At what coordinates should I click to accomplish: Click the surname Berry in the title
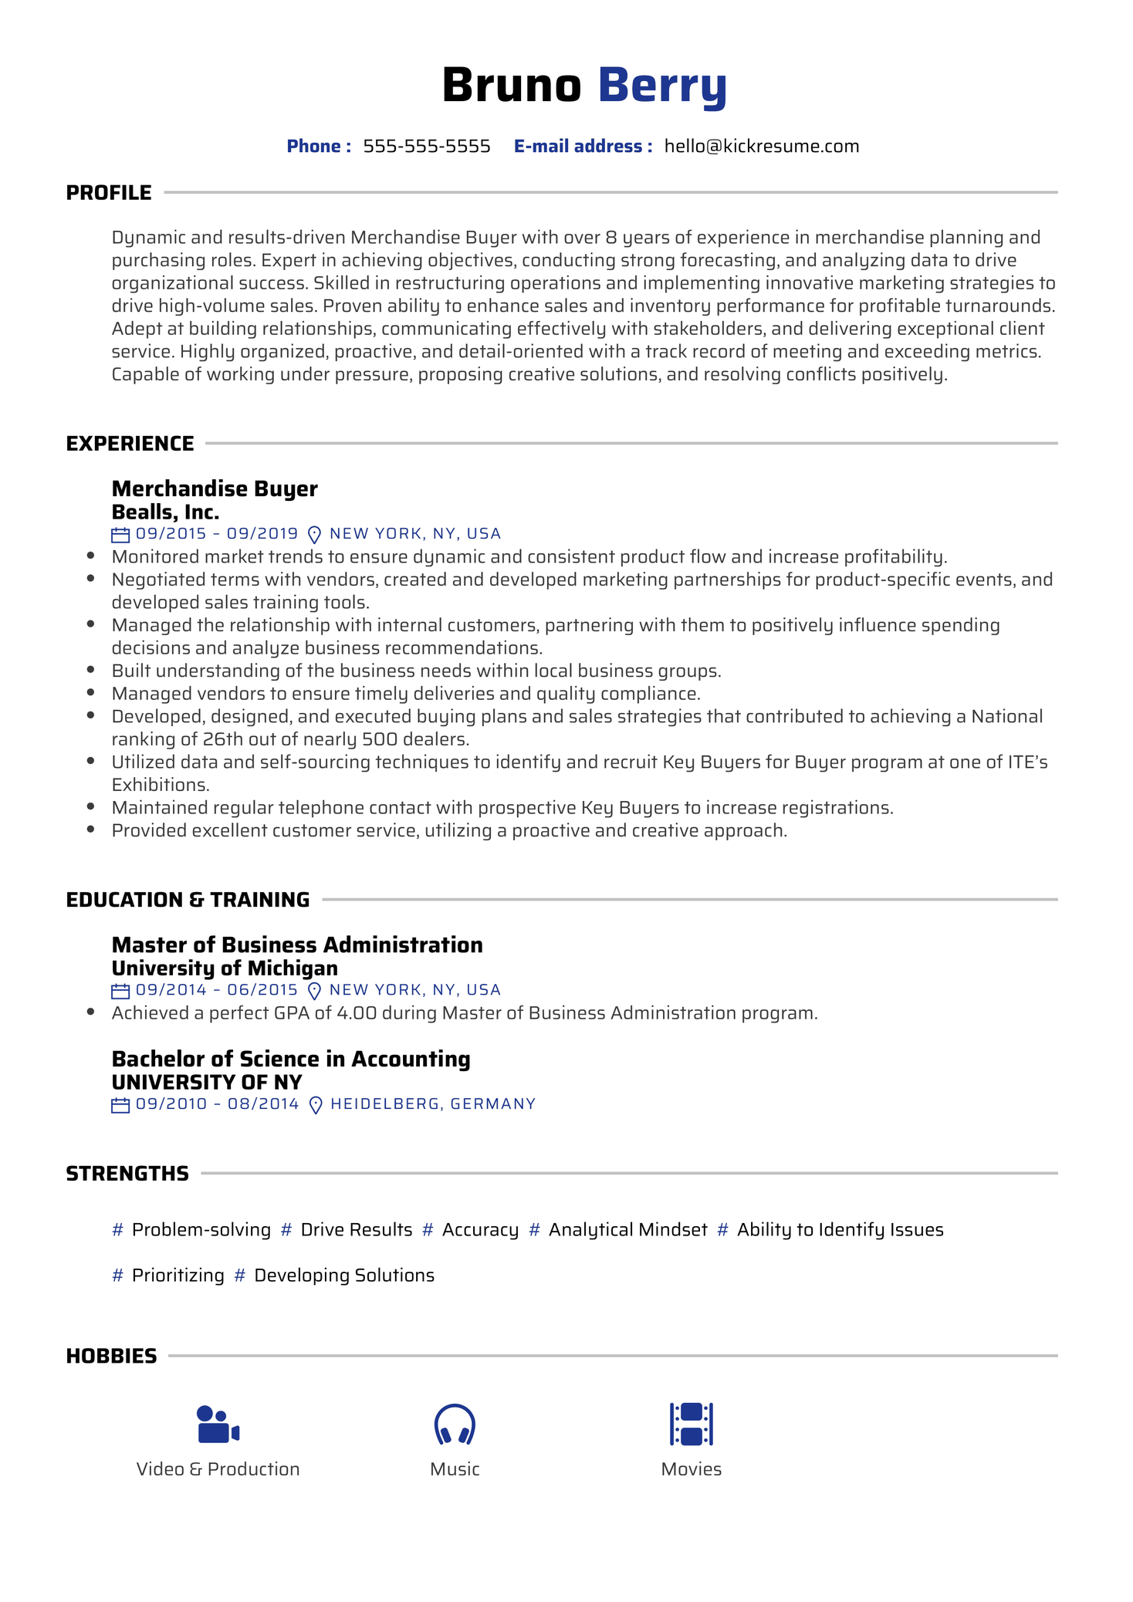(x=661, y=85)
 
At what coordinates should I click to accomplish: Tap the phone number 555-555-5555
(x=427, y=147)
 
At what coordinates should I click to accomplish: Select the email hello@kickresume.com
(x=761, y=147)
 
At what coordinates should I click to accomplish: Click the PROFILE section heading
(x=109, y=193)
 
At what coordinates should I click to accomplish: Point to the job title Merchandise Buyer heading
(x=215, y=488)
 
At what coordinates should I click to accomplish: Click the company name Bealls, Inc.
(x=165, y=512)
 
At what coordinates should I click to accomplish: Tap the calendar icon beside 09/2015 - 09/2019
(x=120, y=534)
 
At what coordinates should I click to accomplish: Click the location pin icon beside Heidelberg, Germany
(x=315, y=1105)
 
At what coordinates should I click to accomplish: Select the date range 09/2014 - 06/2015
(x=217, y=990)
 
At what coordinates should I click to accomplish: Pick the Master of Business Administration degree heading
(x=297, y=945)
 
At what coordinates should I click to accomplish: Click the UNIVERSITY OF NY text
(x=207, y=1082)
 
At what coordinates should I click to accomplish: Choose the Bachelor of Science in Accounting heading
(x=291, y=1059)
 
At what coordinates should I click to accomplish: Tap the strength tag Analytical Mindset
(x=627, y=1230)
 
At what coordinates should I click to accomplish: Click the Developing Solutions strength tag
(x=344, y=1276)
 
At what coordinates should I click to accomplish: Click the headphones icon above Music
(x=455, y=1424)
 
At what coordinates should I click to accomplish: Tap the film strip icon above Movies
(x=691, y=1424)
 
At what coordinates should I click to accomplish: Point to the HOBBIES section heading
(x=111, y=1356)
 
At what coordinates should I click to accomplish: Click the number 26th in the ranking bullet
(x=224, y=739)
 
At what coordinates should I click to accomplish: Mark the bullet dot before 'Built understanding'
(x=91, y=671)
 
